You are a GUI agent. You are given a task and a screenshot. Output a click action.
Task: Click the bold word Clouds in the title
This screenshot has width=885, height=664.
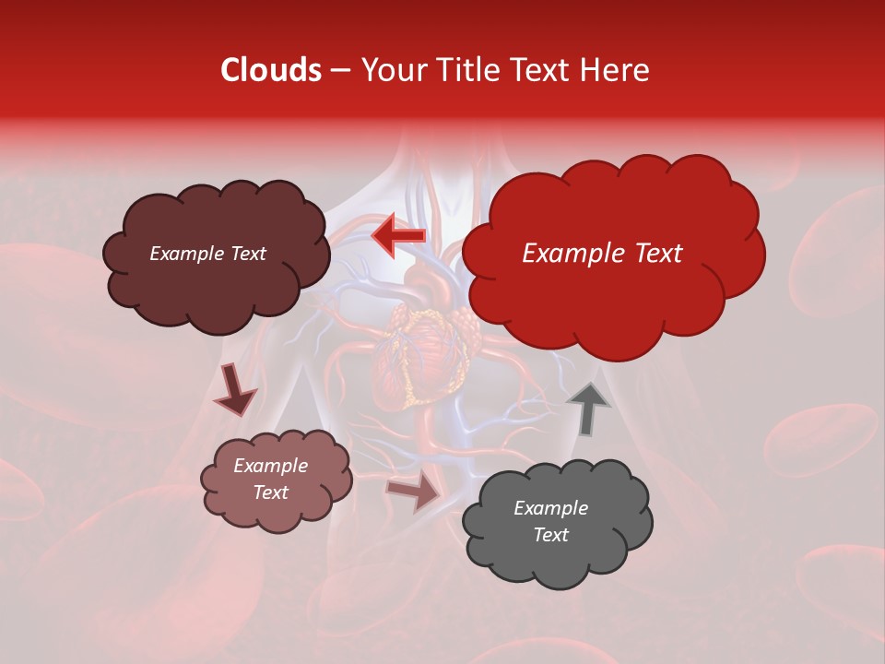pyautogui.click(x=270, y=70)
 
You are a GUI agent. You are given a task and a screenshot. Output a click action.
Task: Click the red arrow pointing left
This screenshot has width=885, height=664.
pyautogui.click(x=398, y=235)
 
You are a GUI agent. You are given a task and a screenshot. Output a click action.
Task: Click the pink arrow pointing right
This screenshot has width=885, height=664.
pyautogui.click(x=414, y=492)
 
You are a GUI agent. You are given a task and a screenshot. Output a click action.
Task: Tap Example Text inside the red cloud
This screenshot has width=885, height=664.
pyautogui.click(x=602, y=254)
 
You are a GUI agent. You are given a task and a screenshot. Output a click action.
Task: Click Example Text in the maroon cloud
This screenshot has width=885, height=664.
pyautogui.click(x=207, y=254)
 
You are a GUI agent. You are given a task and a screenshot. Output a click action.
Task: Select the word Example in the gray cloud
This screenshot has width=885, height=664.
pyautogui.click(x=550, y=508)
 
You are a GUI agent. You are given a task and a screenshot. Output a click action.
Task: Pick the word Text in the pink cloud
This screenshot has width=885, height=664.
pyautogui.click(x=271, y=492)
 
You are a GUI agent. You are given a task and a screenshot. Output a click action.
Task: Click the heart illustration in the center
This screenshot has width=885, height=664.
pyautogui.click(x=419, y=350)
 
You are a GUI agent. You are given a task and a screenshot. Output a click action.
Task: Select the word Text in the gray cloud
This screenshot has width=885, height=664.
pyautogui.click(x=550, y=535)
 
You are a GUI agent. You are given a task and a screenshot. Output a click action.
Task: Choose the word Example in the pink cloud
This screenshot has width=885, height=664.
pyautogui.click(x=271, y=466)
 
